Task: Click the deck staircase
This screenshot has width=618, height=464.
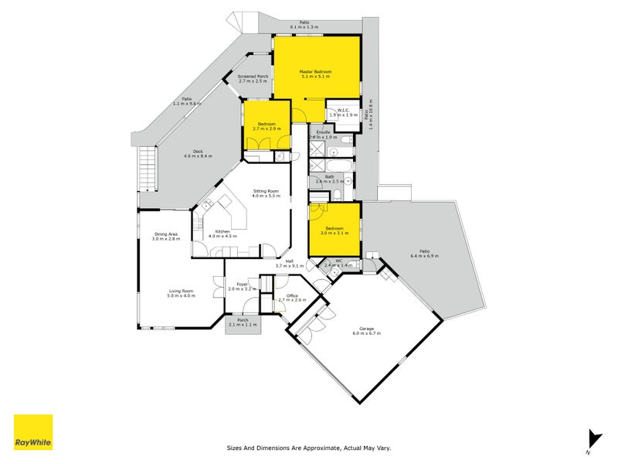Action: click(147, 171)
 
